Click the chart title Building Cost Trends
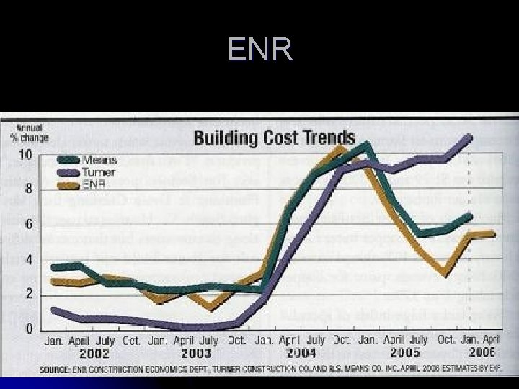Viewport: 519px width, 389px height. [x=273, y=137]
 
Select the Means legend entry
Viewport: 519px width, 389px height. [x=99, y=159]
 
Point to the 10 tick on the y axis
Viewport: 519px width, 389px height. [x=25, y=155]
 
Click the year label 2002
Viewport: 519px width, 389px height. [x=94, y=354]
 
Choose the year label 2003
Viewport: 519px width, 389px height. [x=196, y=354]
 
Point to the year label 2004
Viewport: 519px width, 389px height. [x=301, y=354]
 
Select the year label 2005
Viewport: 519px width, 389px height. [x=404, y=354]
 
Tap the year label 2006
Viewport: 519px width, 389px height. [x=482, y=354]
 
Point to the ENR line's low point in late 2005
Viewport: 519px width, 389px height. [x=447, y=274]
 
